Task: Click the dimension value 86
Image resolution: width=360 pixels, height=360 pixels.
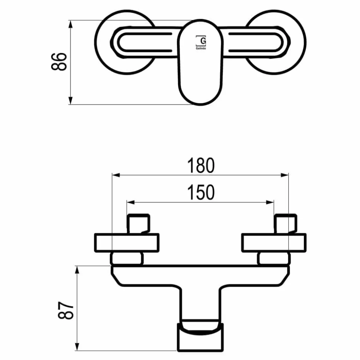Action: tap(59, 62)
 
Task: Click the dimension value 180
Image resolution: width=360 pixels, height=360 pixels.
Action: tap(201, 165)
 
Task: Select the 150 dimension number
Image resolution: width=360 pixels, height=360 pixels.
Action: tap(201, 192)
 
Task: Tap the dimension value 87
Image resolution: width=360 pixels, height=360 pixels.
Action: tap(66, 310)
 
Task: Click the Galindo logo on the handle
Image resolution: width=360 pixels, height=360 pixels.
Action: tap(201, 43)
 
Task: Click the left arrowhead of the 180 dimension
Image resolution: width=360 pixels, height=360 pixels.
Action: tap(116, 175)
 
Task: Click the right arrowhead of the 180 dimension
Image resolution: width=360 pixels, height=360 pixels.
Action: tap(285, 175)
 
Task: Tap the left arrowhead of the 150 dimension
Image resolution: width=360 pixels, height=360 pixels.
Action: tap(131, 202)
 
